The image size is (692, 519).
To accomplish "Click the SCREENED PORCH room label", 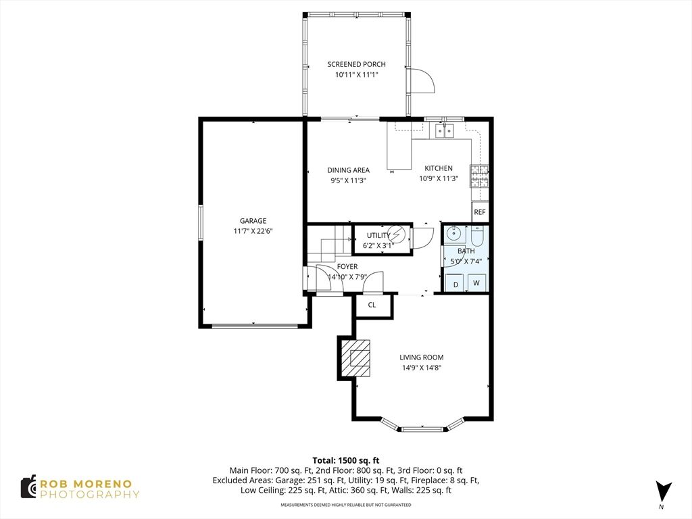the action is click(356, 64).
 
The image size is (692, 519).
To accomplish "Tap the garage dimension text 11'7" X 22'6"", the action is click(253, 231).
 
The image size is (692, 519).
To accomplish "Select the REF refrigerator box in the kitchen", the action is click(479, 212).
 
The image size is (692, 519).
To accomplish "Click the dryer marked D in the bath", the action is click(455, 283).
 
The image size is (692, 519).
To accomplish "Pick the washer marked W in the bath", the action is click(476, 283).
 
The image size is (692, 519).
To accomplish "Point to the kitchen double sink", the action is click(444, 130).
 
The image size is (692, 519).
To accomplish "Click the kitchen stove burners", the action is click(479, 176).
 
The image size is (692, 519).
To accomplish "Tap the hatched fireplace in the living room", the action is click(355, 357).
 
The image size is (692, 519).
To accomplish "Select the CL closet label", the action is click(372, 305).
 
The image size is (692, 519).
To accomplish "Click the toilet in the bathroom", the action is click(478, 236).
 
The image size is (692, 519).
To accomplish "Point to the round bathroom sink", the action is click(452, 232).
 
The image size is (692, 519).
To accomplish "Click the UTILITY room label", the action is click(378, 236).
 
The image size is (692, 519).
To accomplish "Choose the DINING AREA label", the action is click(348, 170).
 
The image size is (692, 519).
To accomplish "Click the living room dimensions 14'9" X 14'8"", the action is click(422, 368).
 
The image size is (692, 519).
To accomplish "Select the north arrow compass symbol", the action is click(662, 493).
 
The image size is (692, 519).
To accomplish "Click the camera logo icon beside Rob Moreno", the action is click(29, 487).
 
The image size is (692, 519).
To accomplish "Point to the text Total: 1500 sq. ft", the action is click(346, 461).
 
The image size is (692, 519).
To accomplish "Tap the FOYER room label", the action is click(347, 266).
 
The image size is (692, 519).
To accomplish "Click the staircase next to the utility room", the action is click(329, 244).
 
